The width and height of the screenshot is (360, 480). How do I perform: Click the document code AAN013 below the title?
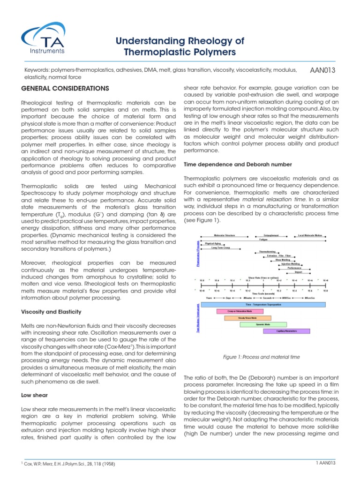click(322, 70)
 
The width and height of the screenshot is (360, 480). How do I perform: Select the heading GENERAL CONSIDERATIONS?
click(66, 88)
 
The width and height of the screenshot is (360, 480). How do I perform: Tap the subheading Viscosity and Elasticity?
click(52, 312)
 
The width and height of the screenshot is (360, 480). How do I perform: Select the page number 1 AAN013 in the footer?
click(326, 464)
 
